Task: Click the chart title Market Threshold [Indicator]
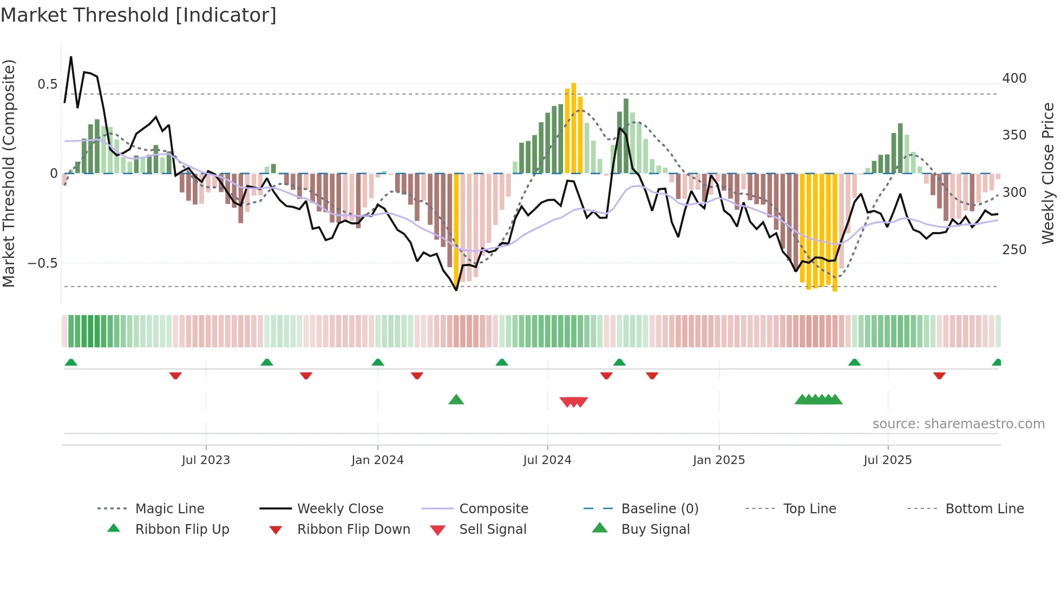(139, 15)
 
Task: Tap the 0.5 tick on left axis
(47, 84)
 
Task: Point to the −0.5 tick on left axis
(42, 263)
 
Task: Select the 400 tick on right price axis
(1014, 78)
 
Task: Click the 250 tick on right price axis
(1014, 249)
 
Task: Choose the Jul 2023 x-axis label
(206, 460)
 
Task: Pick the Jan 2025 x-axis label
(718, 460)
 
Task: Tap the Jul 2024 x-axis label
(547, 460)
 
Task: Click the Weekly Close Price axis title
(1048, 173)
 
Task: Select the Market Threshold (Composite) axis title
(9, 173)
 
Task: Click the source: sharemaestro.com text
(958, 423)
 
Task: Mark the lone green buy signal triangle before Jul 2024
(456, 400)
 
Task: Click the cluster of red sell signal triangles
(573, 402)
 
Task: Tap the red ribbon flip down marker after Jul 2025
(939, 375)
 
